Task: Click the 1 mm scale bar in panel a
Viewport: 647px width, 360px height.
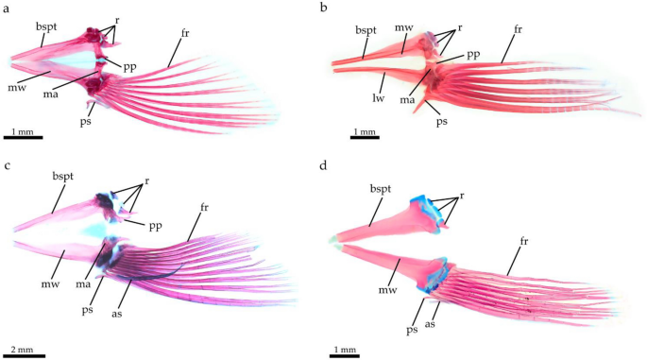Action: coord(24,138)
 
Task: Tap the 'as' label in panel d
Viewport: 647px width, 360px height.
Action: coord(438,308)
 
